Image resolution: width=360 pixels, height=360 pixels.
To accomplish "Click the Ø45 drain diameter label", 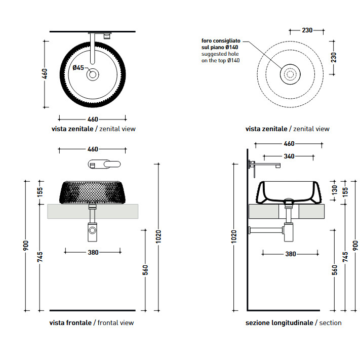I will tap(78, 67).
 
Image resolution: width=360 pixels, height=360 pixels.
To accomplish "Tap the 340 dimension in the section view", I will tap(289, 156).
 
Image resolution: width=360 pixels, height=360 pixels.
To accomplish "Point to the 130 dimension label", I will tap(334, 189).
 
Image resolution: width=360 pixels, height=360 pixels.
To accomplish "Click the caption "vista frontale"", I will tap(70, 323).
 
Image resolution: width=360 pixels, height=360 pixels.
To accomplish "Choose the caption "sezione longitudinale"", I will tap(279, 323).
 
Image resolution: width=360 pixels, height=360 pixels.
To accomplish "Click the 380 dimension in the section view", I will tap(290, 254).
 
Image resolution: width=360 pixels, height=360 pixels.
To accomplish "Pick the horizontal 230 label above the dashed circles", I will tap(307, 30).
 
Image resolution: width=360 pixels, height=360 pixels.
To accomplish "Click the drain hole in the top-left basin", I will tap(93, 75).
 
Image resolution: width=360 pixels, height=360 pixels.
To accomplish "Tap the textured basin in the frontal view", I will tap(93, 193).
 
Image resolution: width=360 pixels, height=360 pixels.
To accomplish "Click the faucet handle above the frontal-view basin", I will tap(105, 164).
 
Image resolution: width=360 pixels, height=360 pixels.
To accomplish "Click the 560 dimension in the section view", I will tap(335, 270).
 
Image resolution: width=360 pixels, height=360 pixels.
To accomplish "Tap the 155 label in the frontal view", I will tap(40, 192).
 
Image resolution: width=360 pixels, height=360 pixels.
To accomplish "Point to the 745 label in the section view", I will tap(345, 257).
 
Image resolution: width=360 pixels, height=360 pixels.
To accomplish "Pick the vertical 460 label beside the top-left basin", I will tap(45, 74).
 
